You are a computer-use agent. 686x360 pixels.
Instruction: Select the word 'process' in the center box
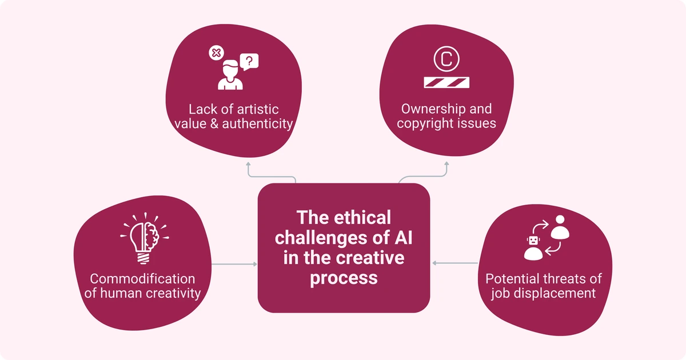(x=344, y=278)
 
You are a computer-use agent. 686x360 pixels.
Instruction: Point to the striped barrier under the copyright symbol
(x=446, y=82)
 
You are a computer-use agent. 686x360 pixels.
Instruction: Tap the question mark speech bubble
(x=250, y=60)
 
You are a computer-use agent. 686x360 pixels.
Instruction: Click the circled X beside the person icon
(x=216, y=54)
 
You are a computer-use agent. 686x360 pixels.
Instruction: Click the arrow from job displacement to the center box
(x=455, y=263)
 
